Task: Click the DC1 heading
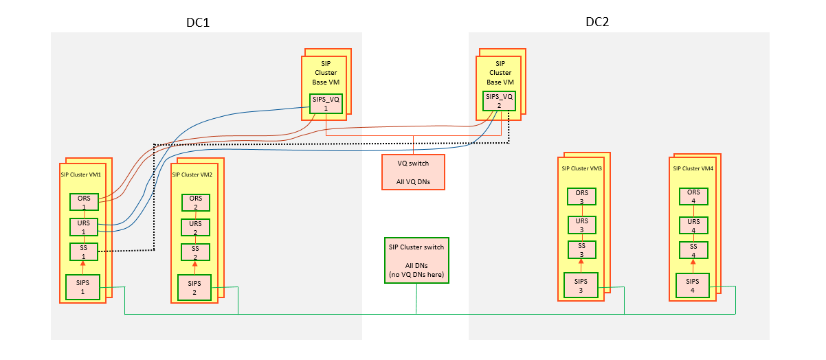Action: point(198,22)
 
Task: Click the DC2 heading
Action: point(597,21)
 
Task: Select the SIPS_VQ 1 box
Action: point(326,103)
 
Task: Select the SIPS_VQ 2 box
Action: point(500,100)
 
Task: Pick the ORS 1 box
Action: point(83,202)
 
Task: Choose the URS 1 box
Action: point(83,227)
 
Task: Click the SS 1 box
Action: point(83,251)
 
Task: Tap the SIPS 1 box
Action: point(82,286)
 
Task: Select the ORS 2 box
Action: point(195,203)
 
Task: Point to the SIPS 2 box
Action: point(194,286)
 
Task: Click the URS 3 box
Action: point(581,225)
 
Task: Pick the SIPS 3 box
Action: point(581,285)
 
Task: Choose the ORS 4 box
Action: point(693,196)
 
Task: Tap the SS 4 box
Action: point(693,250)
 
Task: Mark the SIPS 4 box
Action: point(693,285)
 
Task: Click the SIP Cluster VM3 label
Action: point(581,168)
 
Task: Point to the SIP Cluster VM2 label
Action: point(194,175)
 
